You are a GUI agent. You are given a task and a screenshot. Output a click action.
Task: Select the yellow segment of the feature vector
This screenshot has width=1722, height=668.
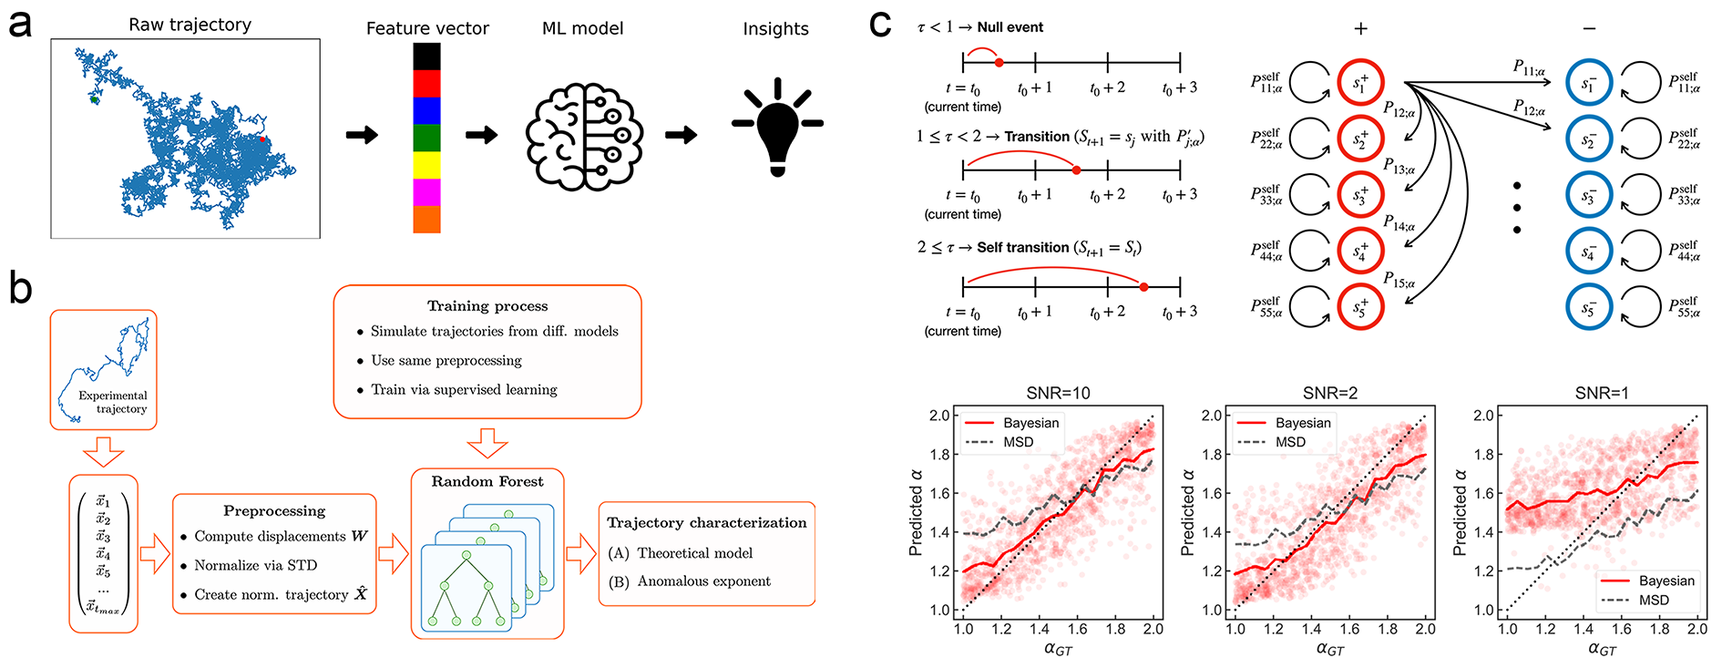tap(426, 165)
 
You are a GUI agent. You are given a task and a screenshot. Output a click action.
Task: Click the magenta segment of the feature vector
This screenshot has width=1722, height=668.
tap(426, 192)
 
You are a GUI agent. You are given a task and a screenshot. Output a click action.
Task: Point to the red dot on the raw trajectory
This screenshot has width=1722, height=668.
tap(262, 139)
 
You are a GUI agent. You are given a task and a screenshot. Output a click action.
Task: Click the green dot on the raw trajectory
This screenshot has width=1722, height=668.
tap(95, 99)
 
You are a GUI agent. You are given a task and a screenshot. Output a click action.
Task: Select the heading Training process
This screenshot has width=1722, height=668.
tap(487, 306)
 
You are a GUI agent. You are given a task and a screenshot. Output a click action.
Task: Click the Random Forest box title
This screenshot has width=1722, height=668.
tap(487, 481)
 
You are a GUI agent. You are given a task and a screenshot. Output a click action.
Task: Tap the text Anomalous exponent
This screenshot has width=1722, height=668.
tap(703, 581)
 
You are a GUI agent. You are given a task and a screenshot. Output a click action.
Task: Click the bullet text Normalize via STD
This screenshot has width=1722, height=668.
tap(255, 565)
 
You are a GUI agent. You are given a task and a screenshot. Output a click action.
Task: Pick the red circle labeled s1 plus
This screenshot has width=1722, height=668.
tap(1360, 83)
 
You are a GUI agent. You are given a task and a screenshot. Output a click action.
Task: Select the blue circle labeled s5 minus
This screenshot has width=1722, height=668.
tap(1589, 308)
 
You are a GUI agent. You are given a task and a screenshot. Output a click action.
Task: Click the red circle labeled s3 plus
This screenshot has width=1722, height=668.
tap(1360, 195)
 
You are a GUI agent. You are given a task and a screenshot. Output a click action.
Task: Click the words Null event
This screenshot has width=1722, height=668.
tap(1010, 27)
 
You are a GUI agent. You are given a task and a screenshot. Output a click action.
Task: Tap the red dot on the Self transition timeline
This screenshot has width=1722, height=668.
tap(1143, 287)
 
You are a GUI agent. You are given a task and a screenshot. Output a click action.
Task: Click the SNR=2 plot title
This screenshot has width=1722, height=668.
tap(1330, 393)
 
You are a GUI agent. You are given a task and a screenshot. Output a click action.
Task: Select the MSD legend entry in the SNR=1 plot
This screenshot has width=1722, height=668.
tap(1654, 600)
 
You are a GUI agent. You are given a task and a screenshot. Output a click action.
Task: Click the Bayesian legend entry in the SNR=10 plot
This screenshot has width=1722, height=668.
tap(1030, 423)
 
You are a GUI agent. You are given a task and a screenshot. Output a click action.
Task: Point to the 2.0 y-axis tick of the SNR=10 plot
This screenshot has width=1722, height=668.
tap(939, 416)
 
